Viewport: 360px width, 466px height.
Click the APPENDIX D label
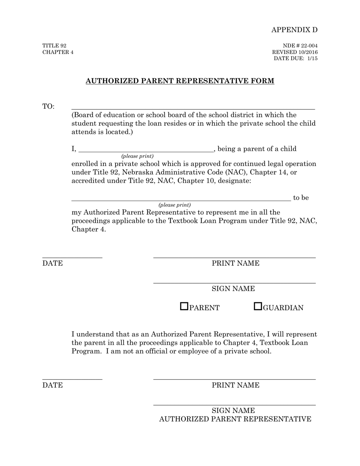tap(294, 30)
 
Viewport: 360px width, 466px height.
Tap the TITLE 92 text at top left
tap(54, 45)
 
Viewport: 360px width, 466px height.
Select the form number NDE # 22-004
tap(300, 45)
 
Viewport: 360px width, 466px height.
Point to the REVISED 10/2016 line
tap(295, 52)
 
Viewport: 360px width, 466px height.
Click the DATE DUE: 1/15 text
tap(296, 58)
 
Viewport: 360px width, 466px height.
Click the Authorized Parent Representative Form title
tap(180, 81)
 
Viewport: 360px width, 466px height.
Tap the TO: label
tap(48, 106)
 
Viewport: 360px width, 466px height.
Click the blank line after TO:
tap(193, 108)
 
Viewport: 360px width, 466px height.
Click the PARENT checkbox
tap(184, 306)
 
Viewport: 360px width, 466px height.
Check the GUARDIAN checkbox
tap(258, 306)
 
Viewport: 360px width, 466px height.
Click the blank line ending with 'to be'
tap(181, 199)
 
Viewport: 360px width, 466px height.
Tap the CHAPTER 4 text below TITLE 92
tap(58, 52)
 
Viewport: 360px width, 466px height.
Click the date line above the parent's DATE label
tap(72, 257)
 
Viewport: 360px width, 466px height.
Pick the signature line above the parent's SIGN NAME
tap(234, 282)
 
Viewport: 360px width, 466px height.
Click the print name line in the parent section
tap(234, 257)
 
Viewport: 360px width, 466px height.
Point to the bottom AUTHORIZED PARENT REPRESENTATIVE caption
tap(235, 419)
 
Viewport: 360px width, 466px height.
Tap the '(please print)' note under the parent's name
tap(137, 156)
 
